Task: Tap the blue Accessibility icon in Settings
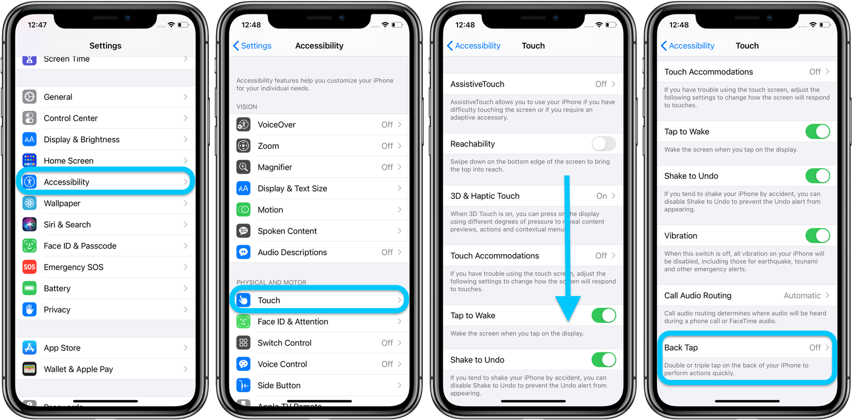tap(29, 182)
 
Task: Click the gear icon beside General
tap(29, 97)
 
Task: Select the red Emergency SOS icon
tap(29, 267)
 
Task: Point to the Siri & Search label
tap(67, 225)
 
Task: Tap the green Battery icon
tap(29, 289)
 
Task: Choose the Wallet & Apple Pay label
tap(78, 369)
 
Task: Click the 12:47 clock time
tap(37, 25)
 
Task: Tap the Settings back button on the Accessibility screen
tap(252, 46)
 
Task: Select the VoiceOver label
tap(277, 125)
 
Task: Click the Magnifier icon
tap(243, 167)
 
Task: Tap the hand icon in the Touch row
tap(243, 300)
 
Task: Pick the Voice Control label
tap(282, 364)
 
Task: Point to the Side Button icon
tap(243, 385)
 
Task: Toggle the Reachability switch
tap(604, 144)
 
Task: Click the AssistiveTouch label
tap(477, 84)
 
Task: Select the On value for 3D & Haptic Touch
tap(601, 196)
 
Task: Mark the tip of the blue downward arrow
tap(567, 321)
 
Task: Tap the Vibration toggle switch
tap(817, 236)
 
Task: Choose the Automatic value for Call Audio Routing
tap(802, 296)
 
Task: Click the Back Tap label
tap(681, 348)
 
